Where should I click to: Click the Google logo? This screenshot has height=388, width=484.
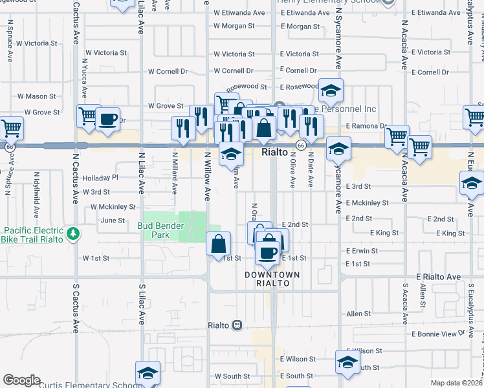pos(21,380)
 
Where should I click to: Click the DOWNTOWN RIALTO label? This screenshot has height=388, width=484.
pos(272,279)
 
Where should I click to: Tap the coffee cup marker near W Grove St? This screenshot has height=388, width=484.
pos(108,120)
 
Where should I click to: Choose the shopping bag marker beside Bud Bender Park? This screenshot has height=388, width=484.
pos(219,244)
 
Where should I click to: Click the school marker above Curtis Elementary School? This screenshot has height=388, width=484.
pos(148,373)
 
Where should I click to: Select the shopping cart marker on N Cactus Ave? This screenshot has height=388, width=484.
pos(89,116)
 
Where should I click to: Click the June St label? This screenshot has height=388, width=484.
pos(113,221)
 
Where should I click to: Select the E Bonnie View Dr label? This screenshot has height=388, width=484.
pos(439,334)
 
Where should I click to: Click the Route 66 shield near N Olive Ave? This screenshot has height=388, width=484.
pos(301,145)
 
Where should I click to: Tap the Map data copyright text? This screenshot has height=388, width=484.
pos(456,382)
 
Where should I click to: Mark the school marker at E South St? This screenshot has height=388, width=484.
pos(347,362)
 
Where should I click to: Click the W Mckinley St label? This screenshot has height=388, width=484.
pos(113,207)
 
